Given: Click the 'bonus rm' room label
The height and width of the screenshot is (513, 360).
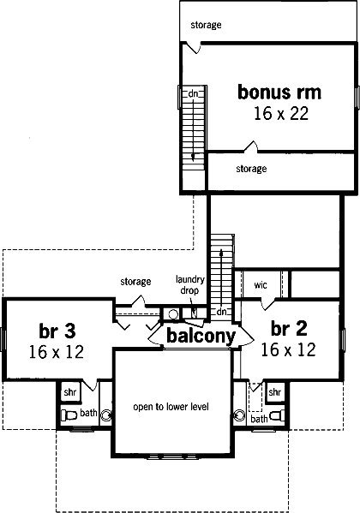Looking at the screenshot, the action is click(279, 92).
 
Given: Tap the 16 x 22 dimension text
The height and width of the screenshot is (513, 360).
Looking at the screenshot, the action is click(281, 114).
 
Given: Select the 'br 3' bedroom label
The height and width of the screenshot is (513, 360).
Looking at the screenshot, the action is click(57, 331).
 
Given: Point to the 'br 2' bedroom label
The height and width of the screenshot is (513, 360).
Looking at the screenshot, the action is click(289, 328).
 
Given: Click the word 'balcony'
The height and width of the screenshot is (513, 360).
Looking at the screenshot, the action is click(201, 336).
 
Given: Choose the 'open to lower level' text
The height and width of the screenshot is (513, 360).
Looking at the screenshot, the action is click(171, 407).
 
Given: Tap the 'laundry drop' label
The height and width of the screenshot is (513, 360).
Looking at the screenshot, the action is click(190, 284).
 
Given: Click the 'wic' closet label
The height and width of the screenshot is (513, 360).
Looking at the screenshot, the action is click(261, 284).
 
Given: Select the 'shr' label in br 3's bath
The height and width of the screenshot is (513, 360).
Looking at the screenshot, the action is click(70, 392).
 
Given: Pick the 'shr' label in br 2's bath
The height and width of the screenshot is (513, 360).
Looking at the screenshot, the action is click(274, 391).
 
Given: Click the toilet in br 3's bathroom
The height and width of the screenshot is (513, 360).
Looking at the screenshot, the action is click(69, 415).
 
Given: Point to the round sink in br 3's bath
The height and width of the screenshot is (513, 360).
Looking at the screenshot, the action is click(106, 415).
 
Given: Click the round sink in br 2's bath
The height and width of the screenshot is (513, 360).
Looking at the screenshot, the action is click(240, 415).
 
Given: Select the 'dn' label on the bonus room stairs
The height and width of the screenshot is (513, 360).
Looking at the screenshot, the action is click(193, 94).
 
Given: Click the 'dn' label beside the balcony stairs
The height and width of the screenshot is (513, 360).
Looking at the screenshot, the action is click(221, 312).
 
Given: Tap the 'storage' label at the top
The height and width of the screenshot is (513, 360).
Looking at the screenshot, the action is click(206, 25).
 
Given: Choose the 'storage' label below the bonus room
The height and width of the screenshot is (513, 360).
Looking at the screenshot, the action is click(251, 169).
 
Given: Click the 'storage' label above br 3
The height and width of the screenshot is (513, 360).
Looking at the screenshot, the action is click(135, 282).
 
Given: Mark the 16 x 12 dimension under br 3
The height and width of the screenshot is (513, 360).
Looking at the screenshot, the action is click(57, 352).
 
